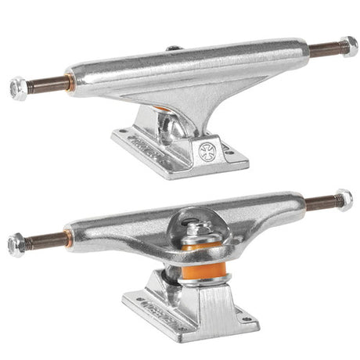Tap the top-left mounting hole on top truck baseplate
pyautogui.click(x=130, y=133)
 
